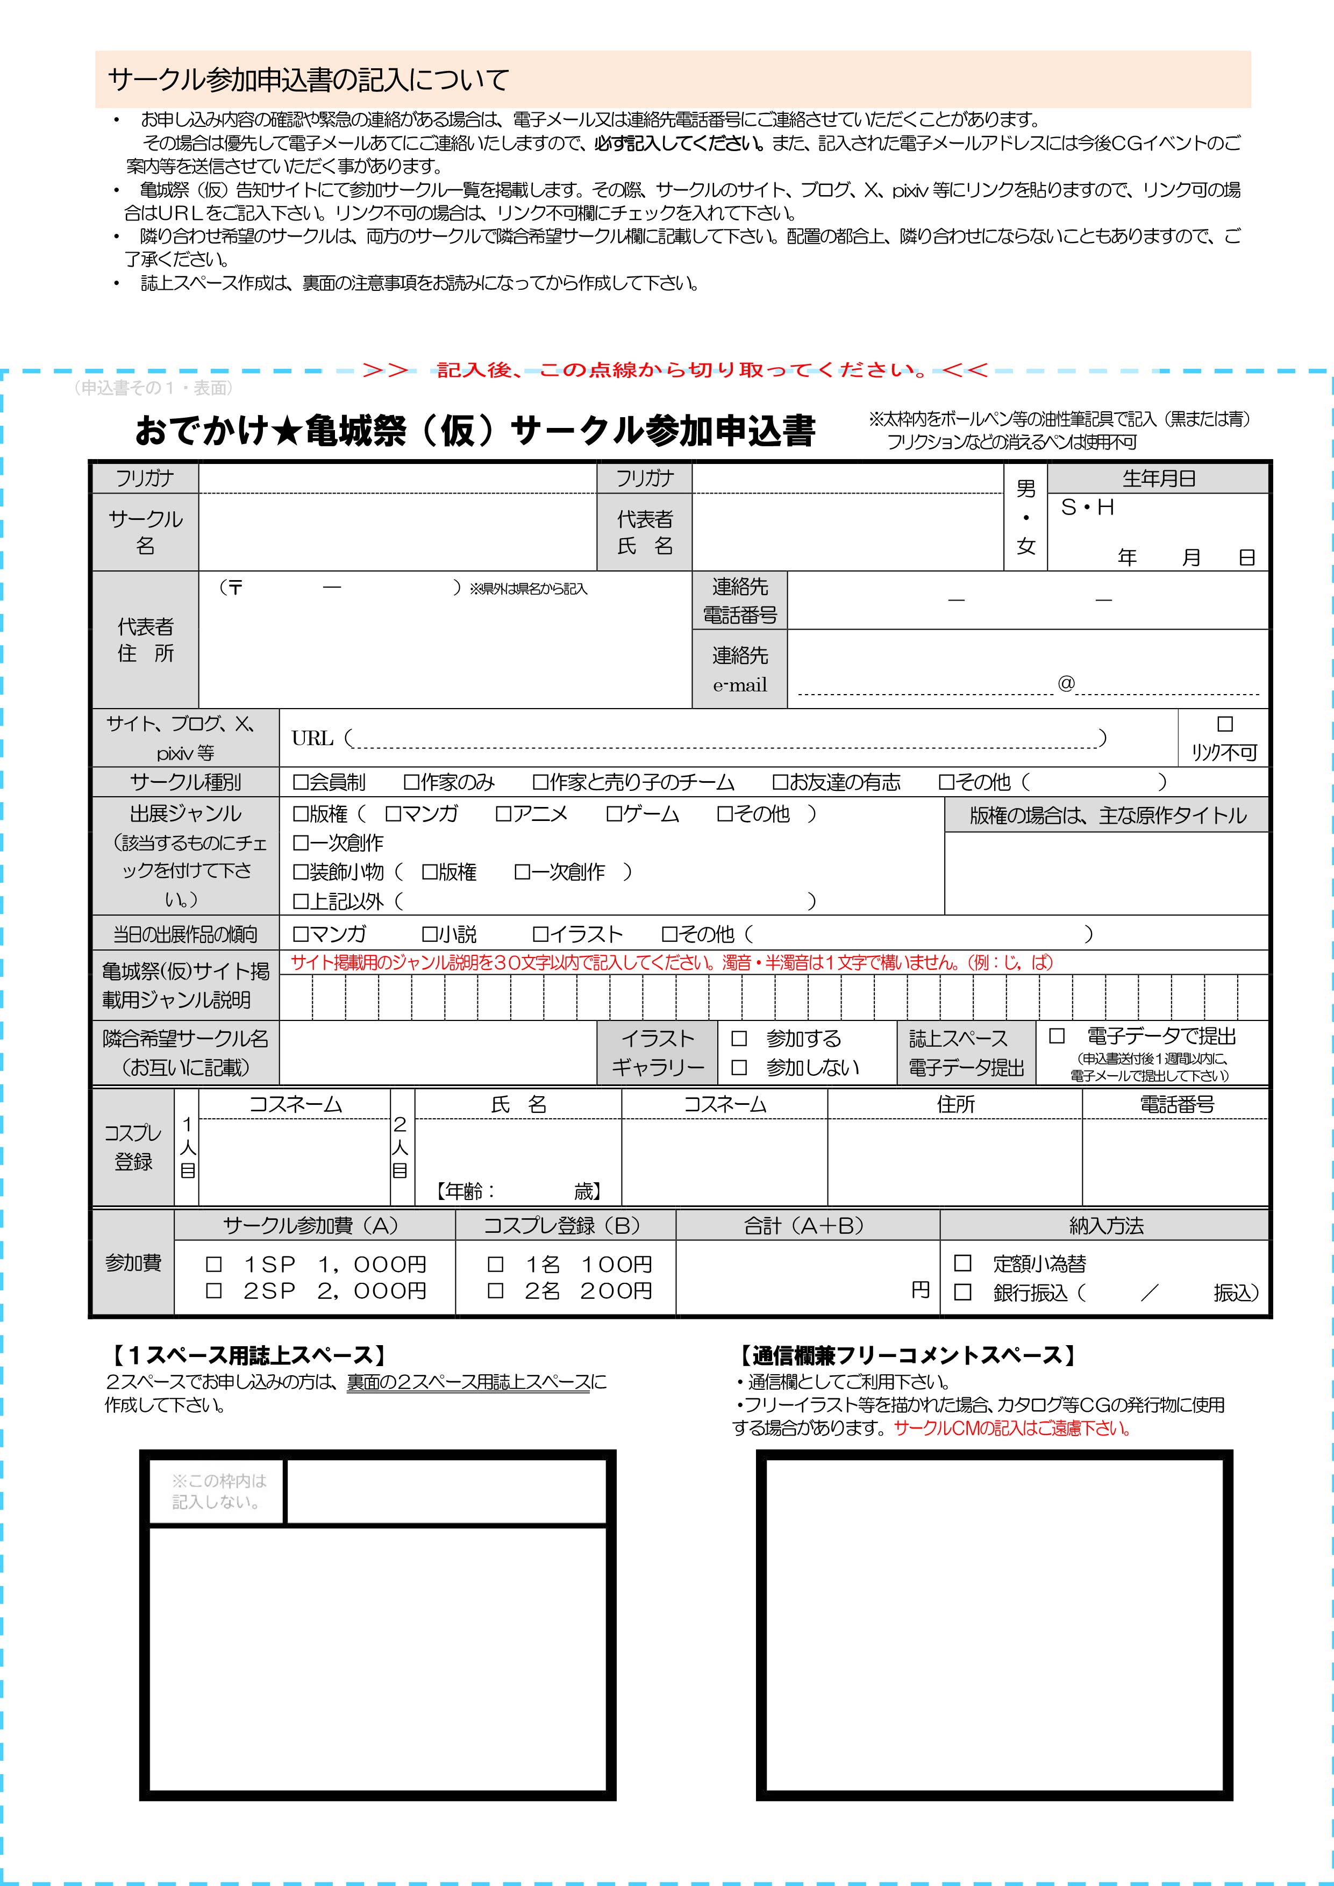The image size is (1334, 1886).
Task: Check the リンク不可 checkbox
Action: pos(1225,724)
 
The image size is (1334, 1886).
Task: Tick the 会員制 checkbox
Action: pos(301,782)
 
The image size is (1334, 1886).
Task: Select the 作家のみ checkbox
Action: pos(411,782)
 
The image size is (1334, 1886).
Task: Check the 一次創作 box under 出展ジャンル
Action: pos(301,843)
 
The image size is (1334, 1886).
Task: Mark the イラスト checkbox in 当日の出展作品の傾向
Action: pos(540,934)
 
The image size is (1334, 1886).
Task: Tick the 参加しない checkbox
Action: pos(738,1067)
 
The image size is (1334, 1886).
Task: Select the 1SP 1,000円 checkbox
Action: pos(213,1264)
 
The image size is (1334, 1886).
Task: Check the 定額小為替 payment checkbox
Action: pos(962,1262)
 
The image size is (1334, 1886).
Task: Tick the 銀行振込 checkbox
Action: pos(962,1292)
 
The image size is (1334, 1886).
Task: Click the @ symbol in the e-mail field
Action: pos(1065,683)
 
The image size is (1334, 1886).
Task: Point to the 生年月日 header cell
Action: pos(1158,478)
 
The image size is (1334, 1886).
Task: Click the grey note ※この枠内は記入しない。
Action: pos(218,1491)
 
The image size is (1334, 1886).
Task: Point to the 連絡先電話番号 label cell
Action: pos(739,601)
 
